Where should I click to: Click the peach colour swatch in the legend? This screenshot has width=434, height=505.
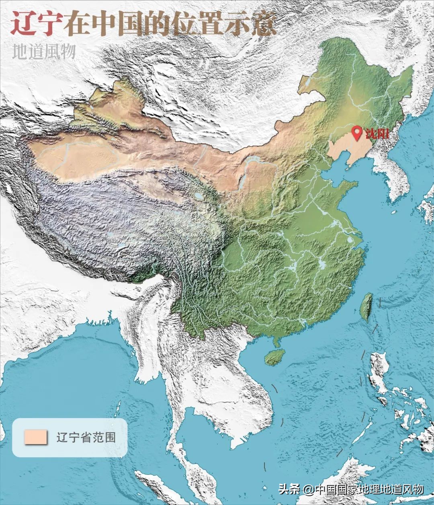(x=36, y=437)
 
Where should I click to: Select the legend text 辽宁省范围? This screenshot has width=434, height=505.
(x=86, y=437)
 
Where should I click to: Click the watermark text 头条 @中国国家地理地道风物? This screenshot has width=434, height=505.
(x=351, y=489)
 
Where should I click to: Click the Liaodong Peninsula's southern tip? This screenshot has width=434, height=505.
(x=349, y=165)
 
